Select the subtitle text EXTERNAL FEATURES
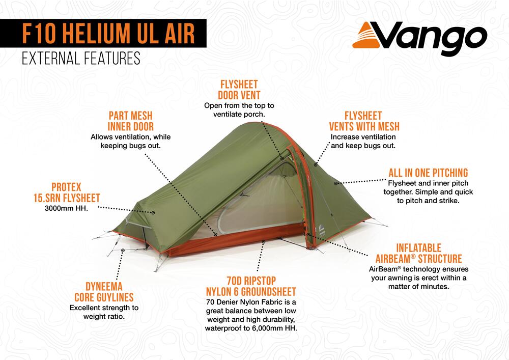tap(81, 59)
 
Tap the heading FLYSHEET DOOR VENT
tap(239, 90)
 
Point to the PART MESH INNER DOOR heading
tap(130, 121)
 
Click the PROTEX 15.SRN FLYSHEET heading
tap(67, 192)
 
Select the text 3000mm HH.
tap(66, 208)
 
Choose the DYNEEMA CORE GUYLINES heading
tap(104, 292)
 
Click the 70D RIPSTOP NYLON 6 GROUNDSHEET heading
tap(251, 286)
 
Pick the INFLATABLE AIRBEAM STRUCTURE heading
tap(419, 253)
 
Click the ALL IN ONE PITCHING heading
tap(428, 173)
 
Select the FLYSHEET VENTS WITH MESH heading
tap(364, 121)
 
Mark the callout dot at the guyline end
tap(123, 251)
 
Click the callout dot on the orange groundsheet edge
tap(264, 242)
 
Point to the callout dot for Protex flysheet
tap(153, 213)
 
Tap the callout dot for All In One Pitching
tap(336, 183)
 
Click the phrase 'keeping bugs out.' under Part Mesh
tap(130, 146)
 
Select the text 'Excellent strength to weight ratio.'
tap(104, 312)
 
